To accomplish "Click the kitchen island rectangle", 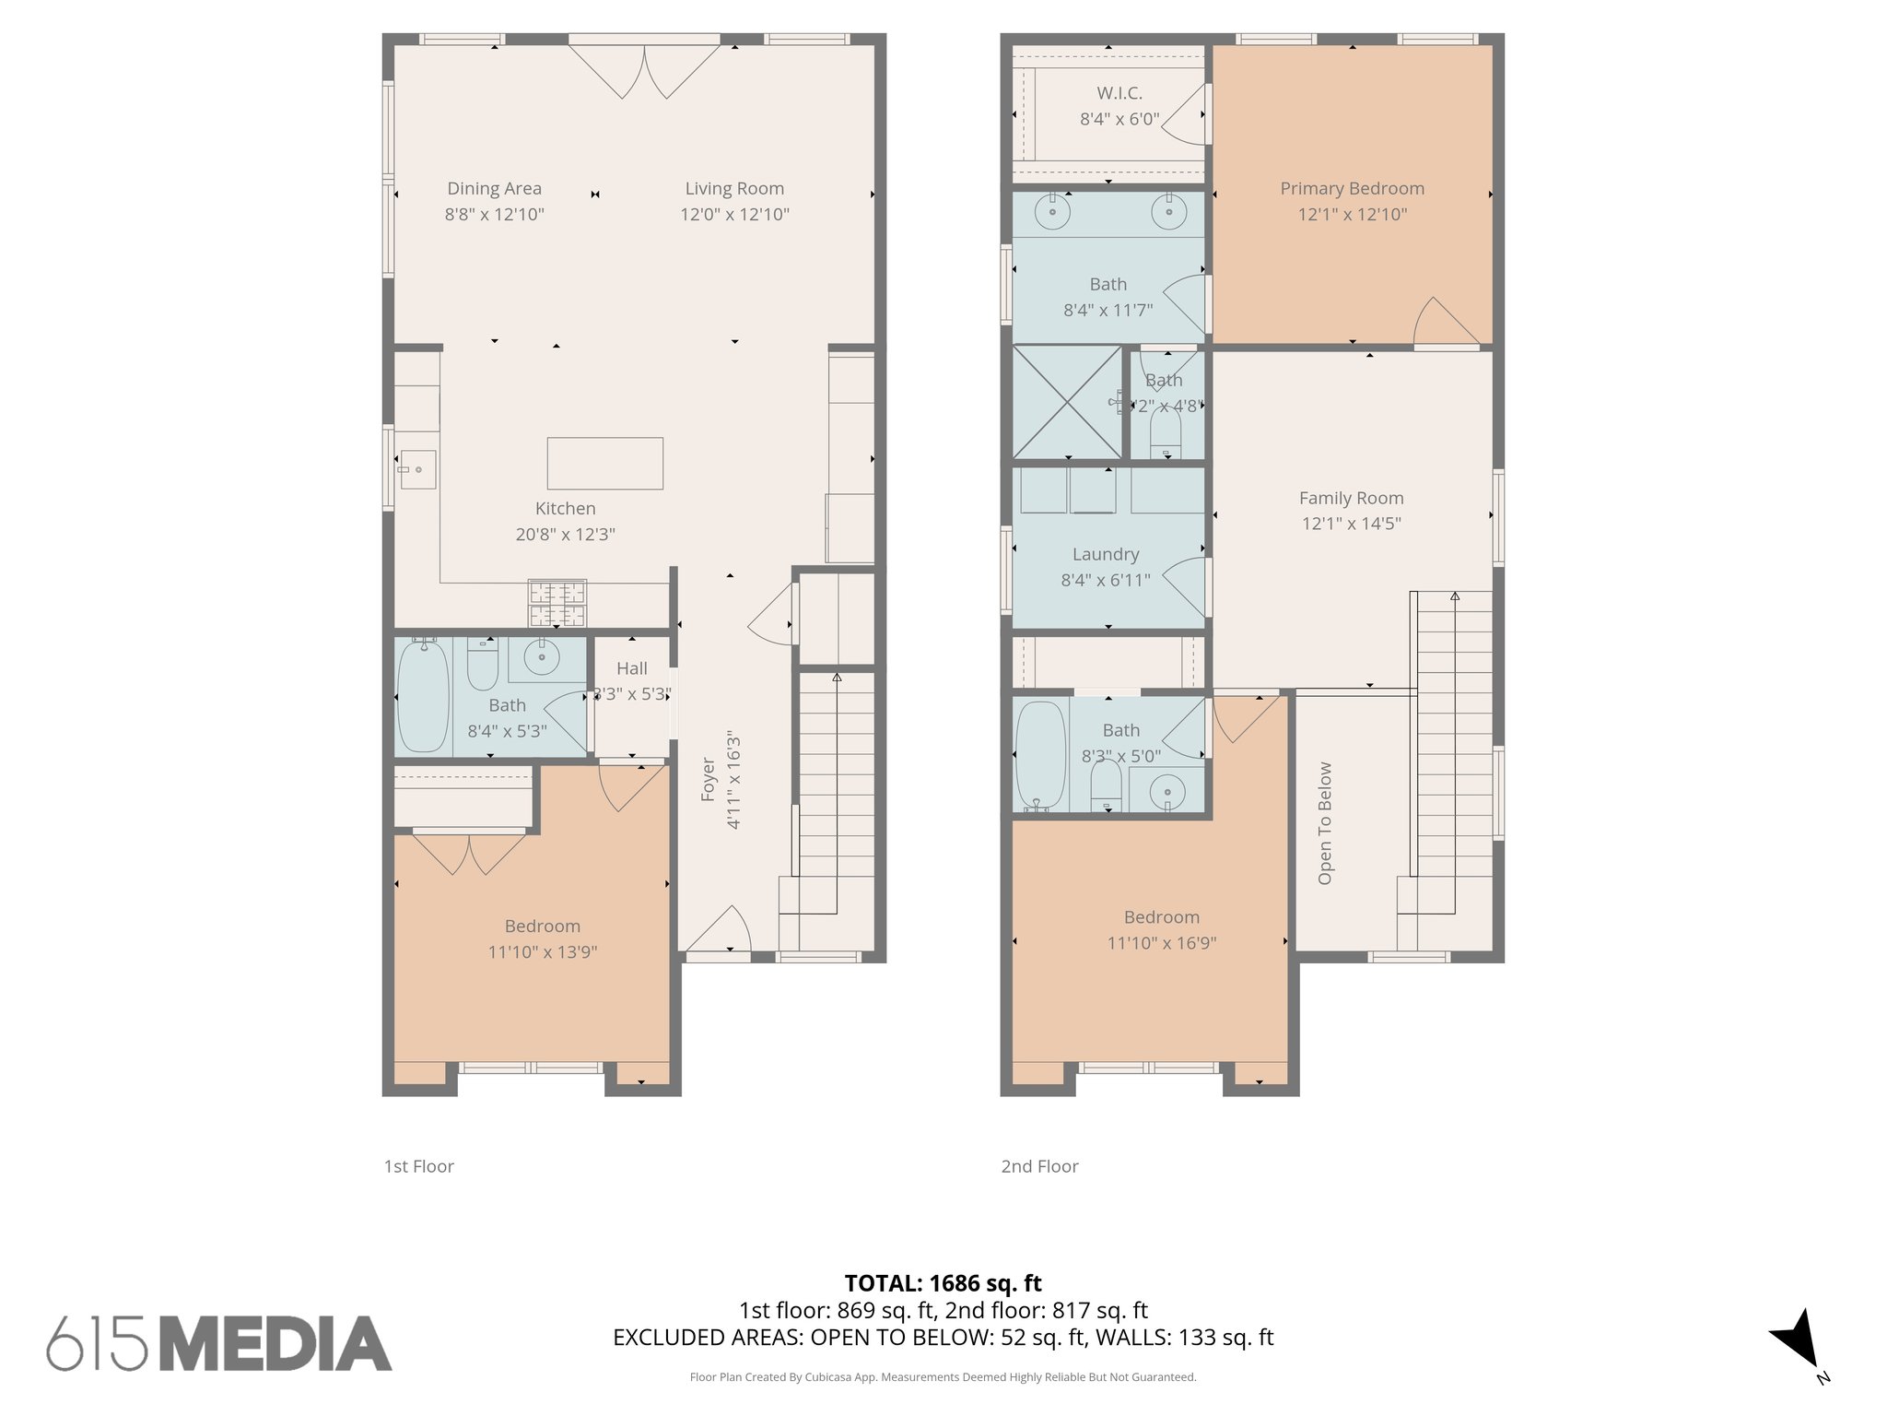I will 604,463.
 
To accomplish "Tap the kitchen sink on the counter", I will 416,469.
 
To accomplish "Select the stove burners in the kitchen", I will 557,604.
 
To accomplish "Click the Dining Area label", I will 494,188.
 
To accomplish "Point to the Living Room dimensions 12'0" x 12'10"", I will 734,214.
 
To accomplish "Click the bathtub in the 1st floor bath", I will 422,696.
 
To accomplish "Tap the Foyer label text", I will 708,779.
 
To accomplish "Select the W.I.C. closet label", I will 1119,93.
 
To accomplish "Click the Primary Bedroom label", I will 1351,188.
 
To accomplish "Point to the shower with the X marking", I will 1067,402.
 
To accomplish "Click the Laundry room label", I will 1105,554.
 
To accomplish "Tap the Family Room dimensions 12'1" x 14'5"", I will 1351,524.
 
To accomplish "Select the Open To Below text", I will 1324,822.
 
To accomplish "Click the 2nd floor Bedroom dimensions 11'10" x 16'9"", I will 1161,943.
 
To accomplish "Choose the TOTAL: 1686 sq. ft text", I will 943,1282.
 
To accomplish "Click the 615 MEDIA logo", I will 219,1343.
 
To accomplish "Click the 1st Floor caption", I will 418,1166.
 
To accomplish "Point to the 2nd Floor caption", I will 1038,1166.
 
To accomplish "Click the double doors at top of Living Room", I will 644,69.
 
